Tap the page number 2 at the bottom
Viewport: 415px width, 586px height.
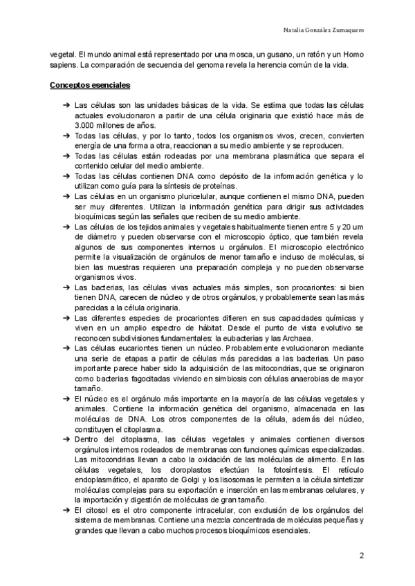click(x=361, y=556)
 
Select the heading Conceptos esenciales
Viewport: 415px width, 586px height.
click(x=90, y=86)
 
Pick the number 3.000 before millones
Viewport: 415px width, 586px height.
click(x=84, y=126)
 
